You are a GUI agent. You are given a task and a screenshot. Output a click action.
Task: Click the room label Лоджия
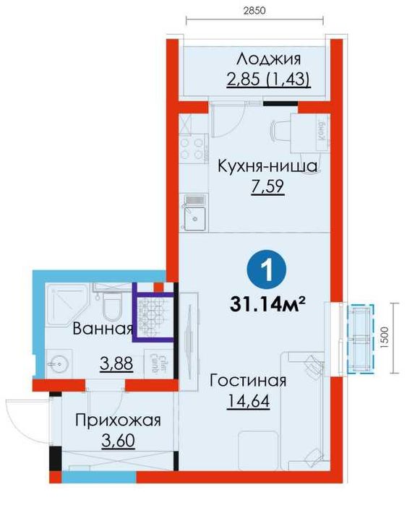268,59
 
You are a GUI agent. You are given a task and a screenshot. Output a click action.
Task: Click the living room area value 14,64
250,402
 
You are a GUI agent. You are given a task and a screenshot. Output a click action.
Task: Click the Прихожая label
117,420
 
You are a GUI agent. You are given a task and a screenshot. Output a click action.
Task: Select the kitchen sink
194,215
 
